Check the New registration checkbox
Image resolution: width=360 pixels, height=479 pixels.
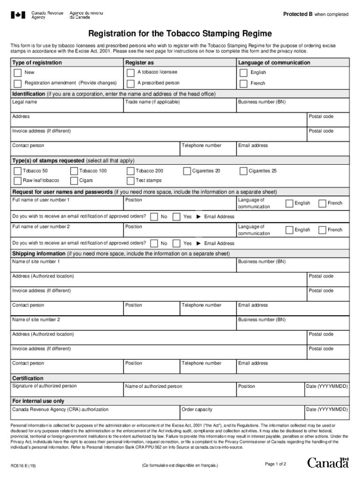(x=18, y=73)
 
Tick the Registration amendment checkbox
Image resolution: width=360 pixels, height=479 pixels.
(x=18, y=84)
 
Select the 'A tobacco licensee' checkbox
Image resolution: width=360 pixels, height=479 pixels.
(x=130, y=73)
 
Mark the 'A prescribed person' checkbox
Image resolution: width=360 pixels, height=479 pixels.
(x=130, y=84)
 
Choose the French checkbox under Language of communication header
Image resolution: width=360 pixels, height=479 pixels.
(x=243, y=84)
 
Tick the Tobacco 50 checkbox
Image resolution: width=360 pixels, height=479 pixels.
(x=18, y=171)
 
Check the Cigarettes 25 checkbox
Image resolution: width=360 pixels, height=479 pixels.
(x=243, y=171)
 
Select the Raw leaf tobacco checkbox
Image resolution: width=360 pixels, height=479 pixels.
(x=18, y=181)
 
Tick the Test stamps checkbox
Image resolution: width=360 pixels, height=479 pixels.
(x=130, y=181)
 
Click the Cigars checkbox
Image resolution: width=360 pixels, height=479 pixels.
(x=74, y=181)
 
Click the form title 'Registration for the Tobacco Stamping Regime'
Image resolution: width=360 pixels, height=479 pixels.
(x=180, y=34)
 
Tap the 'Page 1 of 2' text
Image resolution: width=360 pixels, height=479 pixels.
(x=275, y=464)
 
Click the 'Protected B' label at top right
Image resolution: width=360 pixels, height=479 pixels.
(x=298, y=14)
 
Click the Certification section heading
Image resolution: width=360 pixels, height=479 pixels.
(x=28, y=378)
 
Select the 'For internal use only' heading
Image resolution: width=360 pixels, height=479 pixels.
(x=38, y=401)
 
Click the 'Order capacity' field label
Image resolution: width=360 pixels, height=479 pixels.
(x=197, y=409)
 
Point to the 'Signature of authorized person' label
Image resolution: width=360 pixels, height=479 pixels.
(x=44, y=386)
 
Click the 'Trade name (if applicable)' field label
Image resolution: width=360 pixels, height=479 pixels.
(x=152, y=102)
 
